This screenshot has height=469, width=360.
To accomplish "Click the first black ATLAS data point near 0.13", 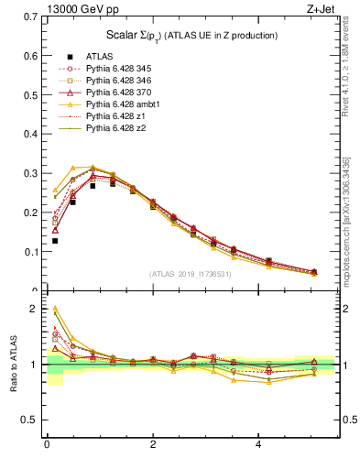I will pyautogui.click(x=54, y=241).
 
